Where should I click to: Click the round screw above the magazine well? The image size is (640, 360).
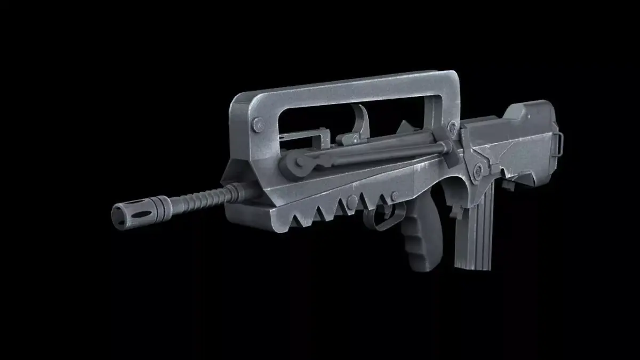point(478,170)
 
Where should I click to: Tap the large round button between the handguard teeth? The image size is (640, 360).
point(352,202)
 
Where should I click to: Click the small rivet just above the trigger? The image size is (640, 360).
point(394,196)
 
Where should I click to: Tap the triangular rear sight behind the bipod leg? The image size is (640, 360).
point(406,129)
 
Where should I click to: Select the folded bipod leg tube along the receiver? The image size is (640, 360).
point(373,151)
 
